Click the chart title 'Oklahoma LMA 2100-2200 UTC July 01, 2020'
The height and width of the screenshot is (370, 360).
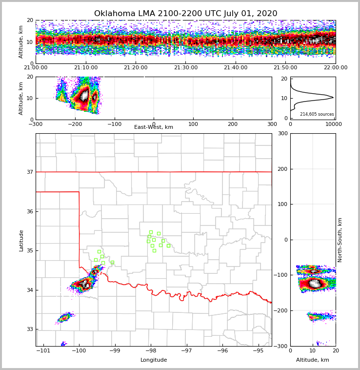pyautogui.click(x=185, y=14)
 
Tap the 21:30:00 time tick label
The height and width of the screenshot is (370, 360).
pyautogui.click(x=185, y=68)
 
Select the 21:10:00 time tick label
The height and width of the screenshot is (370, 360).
pyautogui.click(x=85, y=68)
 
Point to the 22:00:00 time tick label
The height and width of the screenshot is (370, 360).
pyautogui.click(x=335, y=68)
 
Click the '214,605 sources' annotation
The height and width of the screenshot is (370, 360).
pyautogui.click(x=317, y=114)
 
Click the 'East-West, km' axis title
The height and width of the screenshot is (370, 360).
pyautogui.click(x=154, y=127)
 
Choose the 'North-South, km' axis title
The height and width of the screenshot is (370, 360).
pyautogui.click(x=340, y=240)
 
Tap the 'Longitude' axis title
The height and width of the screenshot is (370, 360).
pyautogui.click(x=154, y=360)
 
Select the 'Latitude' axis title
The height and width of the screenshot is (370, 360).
pyautogui.click(x=21, y=240)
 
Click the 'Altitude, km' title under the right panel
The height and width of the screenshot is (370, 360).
pyautogui.click(x=313, y=360)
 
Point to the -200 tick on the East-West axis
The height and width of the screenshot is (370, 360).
pyautogui.click(x=75, y=124)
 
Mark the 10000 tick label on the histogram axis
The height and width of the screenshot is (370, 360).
pyautogui.click(x=334, y=124)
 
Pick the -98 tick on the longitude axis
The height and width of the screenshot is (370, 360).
pyautogui.click(x=151, y=351)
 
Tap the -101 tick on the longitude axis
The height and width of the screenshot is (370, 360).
pyautogui.click(x=44, y=351)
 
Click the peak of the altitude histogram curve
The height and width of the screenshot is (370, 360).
pyautogui.click(x=333, y=97)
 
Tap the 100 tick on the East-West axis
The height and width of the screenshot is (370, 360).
pyautogui.click(x=193, y=124)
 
